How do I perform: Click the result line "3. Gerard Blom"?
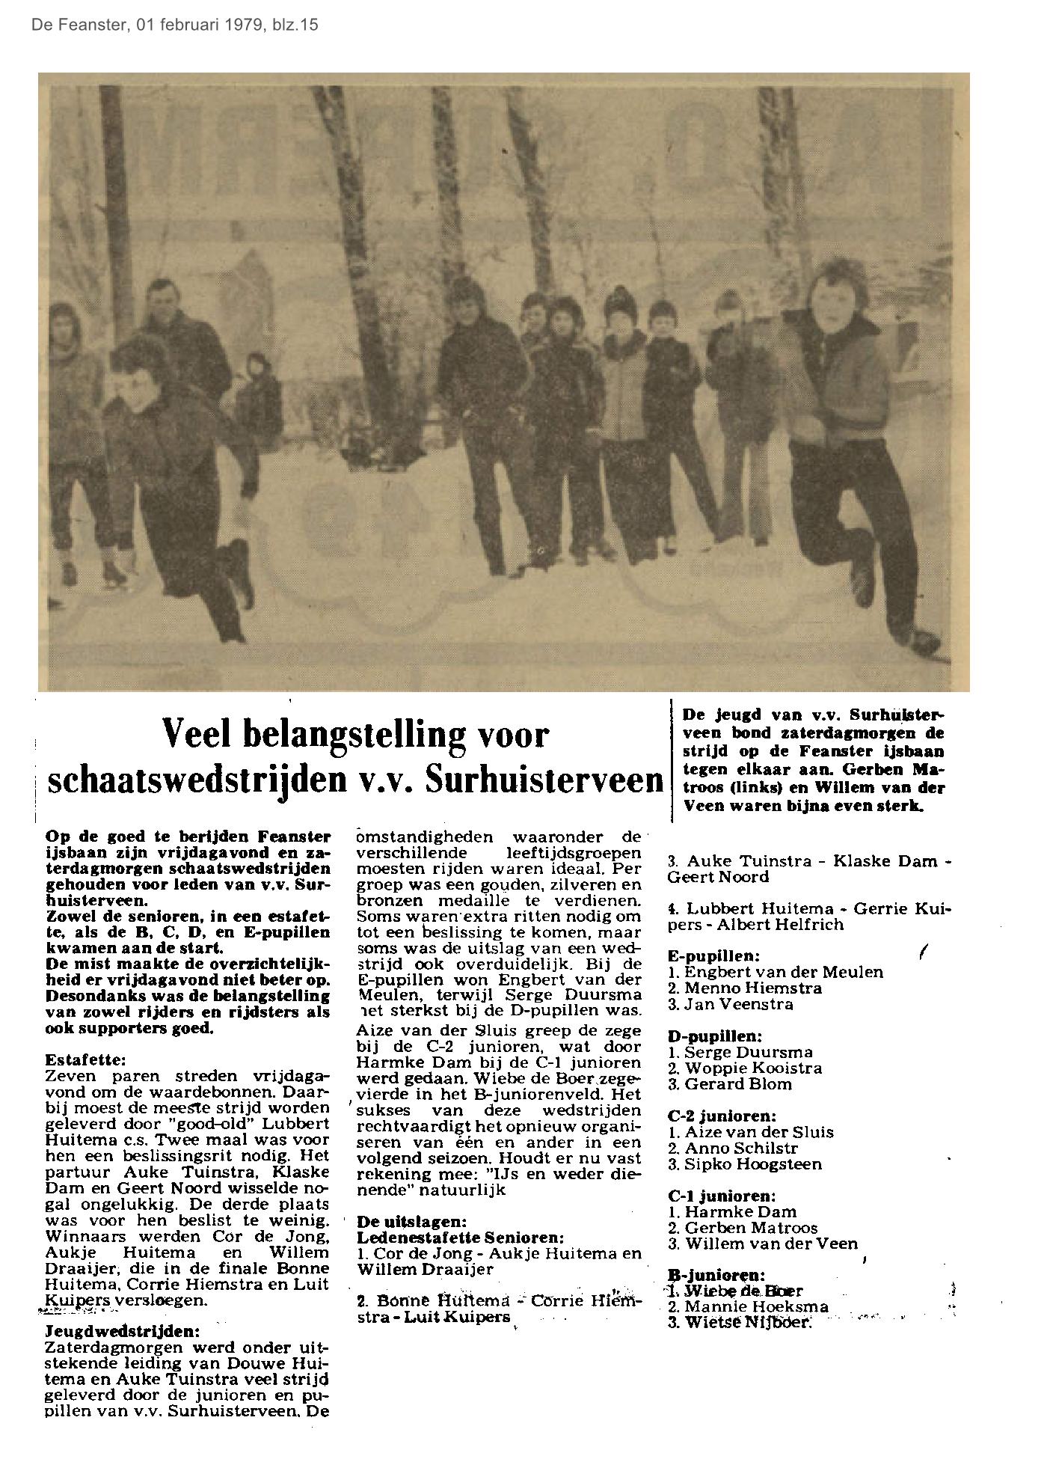point(729,1084)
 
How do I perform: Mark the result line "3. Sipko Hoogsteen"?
point(744,1164)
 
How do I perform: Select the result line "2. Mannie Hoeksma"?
point(748,1307)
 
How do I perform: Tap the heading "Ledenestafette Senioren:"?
point(460,1237)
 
